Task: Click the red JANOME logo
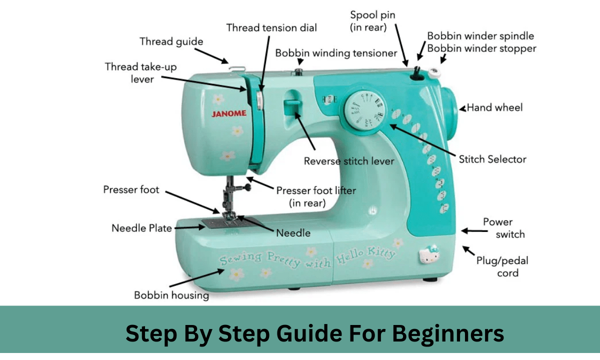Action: tap(229, 113)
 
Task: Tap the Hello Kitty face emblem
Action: tap(429, 254)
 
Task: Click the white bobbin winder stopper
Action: tap(434, 73)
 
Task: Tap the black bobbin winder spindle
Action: tap(417, 74)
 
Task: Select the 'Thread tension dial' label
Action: tap(271, 28)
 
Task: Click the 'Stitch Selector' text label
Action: tap(492, 159)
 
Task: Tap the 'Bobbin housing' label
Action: tap(171, 295)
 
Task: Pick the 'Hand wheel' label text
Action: tap(494, 107)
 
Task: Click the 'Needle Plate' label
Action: tap(141, 228)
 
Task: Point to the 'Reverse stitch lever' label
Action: tap(349, 161)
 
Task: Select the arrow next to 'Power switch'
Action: tap(474, 230)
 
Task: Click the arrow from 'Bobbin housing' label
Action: tap(197, 278)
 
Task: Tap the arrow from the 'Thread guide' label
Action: tap(211, 55)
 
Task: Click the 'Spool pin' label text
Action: tap(372, 15)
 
